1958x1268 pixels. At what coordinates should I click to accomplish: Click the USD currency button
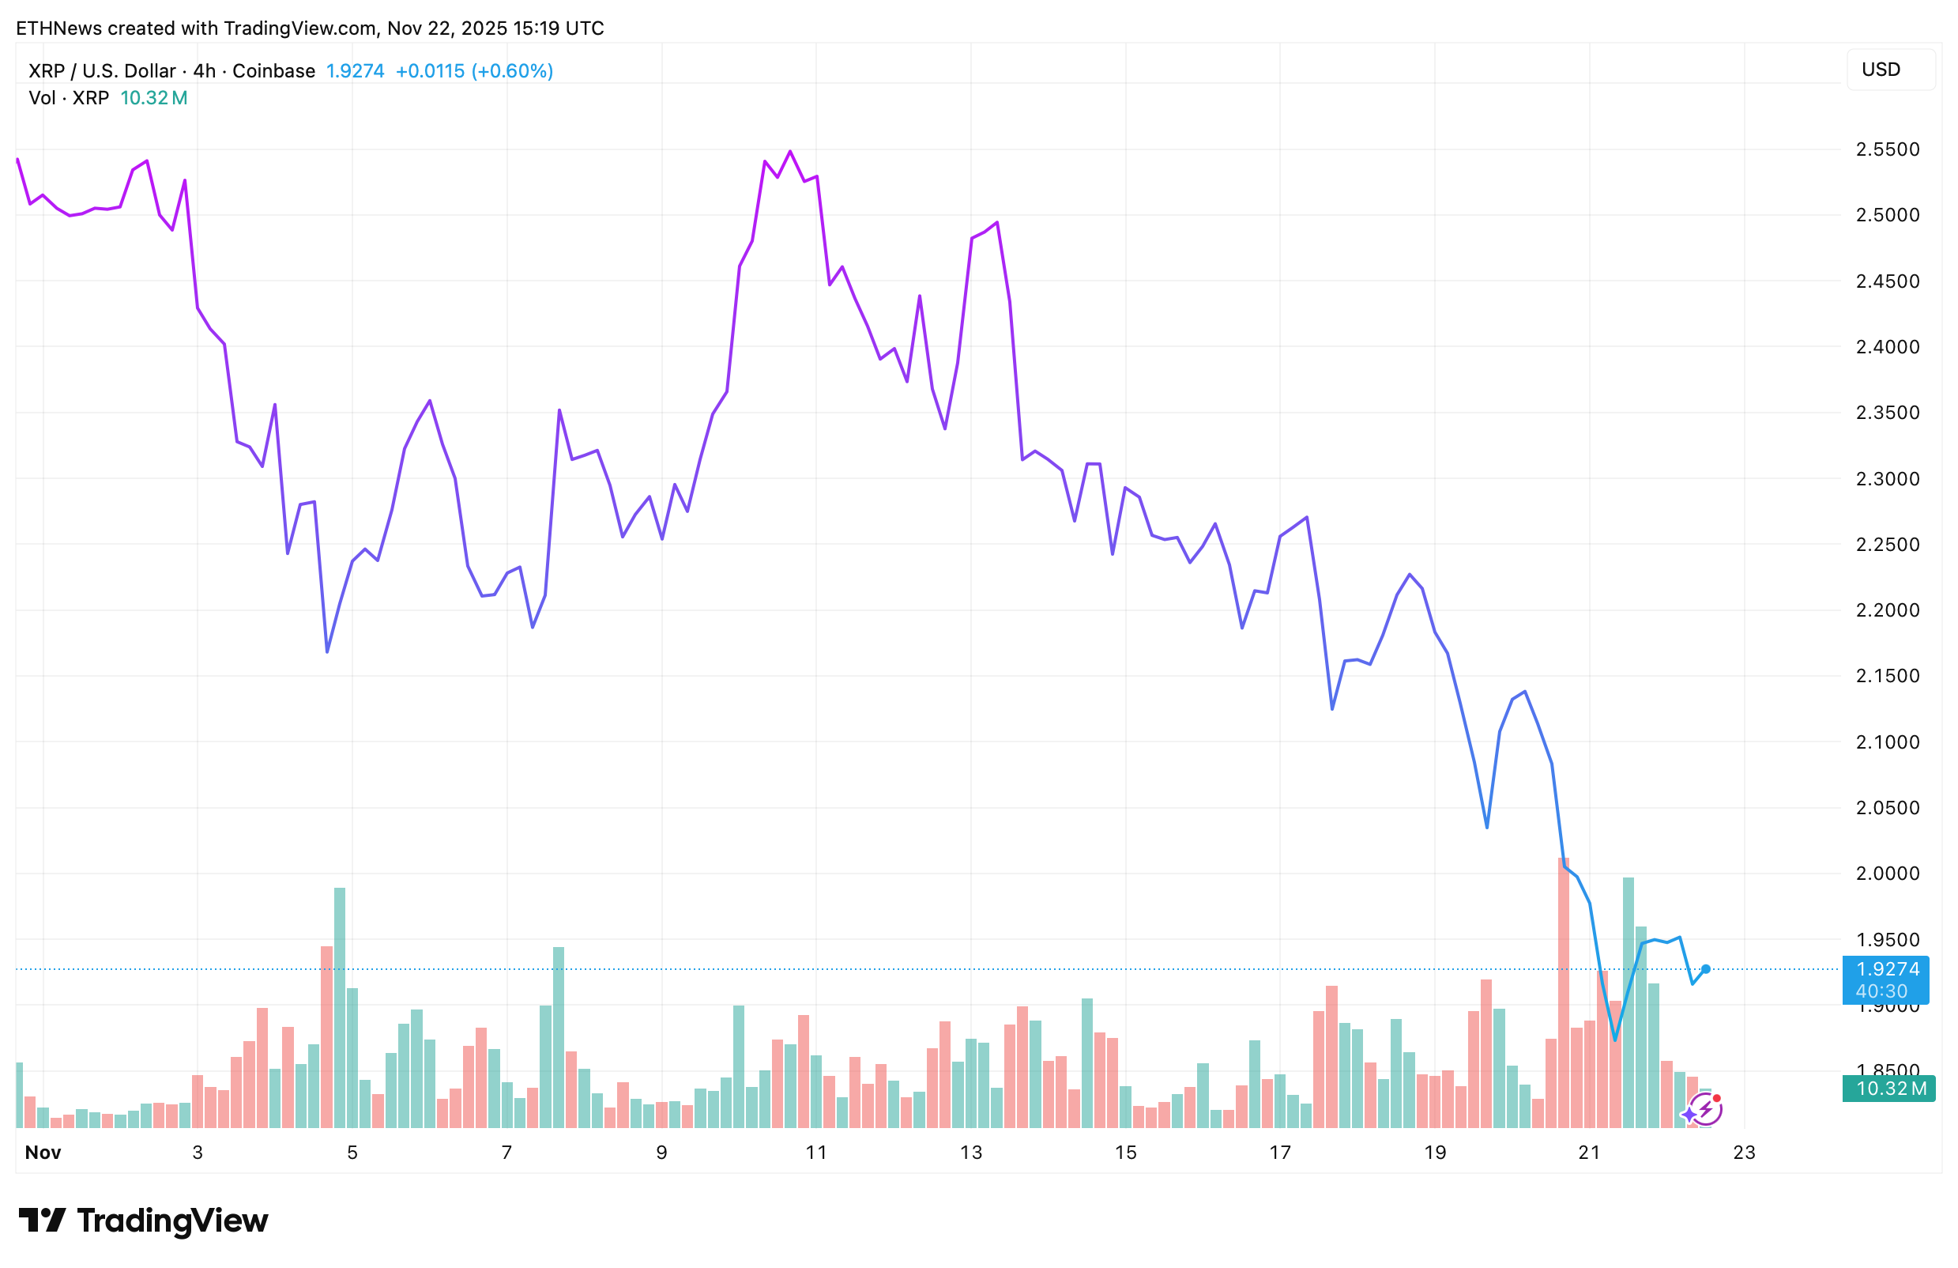pos(1890,70)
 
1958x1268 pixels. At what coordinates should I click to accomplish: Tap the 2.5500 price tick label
pos(1887,149)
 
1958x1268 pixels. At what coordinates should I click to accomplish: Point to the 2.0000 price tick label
pos(1887,874)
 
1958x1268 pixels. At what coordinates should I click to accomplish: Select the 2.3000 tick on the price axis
pos(1887,479)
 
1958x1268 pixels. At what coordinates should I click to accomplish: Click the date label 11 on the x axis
pos(816,1153)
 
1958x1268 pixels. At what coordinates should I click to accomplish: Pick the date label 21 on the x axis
pos(1589,1153)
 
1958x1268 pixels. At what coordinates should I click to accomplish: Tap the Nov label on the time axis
pos(43,1153)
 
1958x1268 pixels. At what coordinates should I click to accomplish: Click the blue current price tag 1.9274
pos(1887,979)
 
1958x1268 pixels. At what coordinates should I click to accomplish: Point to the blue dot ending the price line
pos(1705,969)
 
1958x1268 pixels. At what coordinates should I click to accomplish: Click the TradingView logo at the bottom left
pos(143,1221)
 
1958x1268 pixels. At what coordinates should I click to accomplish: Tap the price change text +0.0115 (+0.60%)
pos(474,72)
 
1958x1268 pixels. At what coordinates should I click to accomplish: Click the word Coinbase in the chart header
pos(273,72)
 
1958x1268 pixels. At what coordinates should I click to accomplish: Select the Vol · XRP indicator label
pos(69,99)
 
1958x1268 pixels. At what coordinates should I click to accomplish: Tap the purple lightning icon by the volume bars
pos(1706,1109)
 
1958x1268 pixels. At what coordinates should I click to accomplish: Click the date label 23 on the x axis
pos(1744,1153)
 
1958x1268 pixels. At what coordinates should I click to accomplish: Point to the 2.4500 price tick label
pos(1887,281)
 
